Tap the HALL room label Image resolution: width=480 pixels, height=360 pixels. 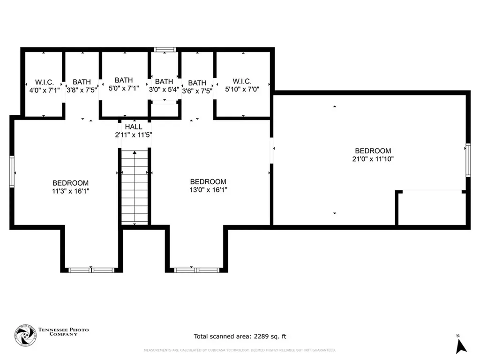[x=134, y=127]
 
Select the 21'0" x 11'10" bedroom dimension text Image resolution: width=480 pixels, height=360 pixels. [x=373, y=159]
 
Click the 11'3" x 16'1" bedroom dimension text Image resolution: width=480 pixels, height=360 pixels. [x=70, y=191]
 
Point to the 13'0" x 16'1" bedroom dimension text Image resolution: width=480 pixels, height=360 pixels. [x=208, y=190]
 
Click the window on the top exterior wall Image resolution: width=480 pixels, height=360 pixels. [x=165, y=49]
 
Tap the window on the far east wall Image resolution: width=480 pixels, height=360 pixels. [x=467, y=160]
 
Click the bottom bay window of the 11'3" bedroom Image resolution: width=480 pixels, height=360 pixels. [x=91, y=270]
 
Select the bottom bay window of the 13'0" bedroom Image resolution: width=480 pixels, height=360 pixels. [x=197, y=270]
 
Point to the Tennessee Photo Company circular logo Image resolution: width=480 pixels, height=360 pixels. [x=25, y=336]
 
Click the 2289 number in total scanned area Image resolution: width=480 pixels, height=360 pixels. [x=261, y=337]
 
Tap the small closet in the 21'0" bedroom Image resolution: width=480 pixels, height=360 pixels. [x=431, y=208]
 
